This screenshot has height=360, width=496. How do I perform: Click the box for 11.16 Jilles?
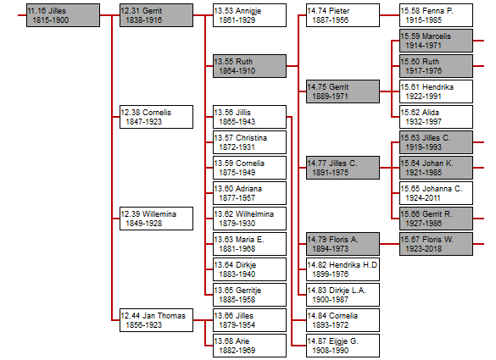[63, 15]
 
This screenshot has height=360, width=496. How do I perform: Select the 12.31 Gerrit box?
[156, 15]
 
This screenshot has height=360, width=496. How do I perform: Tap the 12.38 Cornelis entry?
[156, 117]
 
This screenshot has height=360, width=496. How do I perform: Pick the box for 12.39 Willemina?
[156, 219]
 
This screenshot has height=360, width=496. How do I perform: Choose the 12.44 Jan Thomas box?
[156, 320]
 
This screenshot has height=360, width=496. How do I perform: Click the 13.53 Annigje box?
[249, 15]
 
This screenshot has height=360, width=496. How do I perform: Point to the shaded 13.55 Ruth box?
[249, 66]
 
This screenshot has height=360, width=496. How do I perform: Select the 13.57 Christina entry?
[249, 142]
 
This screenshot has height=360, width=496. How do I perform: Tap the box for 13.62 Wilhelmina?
[249, 219]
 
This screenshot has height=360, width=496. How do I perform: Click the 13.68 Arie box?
[249, 346]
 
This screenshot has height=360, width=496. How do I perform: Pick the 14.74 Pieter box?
[343, 15]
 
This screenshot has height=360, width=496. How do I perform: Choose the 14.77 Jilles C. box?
[343, 168]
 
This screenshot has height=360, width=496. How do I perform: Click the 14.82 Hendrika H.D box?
[343, 269]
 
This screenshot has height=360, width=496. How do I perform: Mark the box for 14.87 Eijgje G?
[343, 346]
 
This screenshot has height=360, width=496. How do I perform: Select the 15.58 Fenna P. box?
[436, 15]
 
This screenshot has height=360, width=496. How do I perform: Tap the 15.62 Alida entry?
[436, 117]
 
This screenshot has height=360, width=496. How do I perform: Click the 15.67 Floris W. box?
[436, 244]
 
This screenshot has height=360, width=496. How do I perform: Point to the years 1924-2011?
[423, 198]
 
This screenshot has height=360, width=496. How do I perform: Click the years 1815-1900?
[51, 20]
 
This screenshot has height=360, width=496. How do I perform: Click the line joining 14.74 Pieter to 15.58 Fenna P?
[390, 15]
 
